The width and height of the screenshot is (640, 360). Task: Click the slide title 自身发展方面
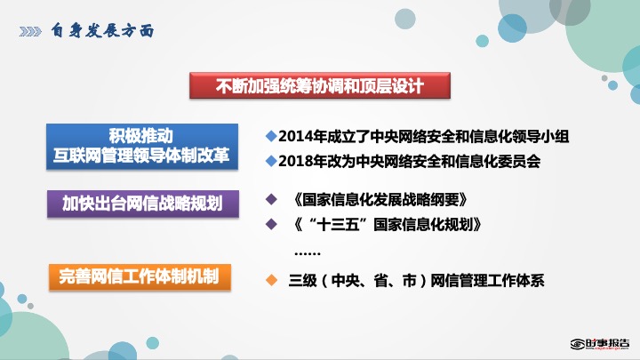[102, 30]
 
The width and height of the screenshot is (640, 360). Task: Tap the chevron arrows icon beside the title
[30, 31]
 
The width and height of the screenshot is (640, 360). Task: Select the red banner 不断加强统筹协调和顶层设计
[320, 85]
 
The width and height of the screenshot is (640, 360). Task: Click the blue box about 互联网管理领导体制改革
[142, 147]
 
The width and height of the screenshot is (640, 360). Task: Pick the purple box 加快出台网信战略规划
[143, 204]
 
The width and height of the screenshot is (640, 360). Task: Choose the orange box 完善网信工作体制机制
[140, 276]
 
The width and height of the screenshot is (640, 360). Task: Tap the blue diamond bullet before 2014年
[271, 136]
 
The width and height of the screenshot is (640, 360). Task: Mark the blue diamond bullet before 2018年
[271, 161]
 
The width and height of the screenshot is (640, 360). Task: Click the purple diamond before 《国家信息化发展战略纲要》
[271, 199]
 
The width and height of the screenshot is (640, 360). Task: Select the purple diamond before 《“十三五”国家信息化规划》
[271, 224]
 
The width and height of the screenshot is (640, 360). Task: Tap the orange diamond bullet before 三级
[271, 280]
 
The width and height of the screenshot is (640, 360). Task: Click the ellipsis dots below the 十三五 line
[308, 253]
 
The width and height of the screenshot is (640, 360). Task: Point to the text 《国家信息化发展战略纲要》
[380, 200]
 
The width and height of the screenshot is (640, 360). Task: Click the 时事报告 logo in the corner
[600, 344]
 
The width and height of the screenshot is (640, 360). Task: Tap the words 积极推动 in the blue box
[140, 135]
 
